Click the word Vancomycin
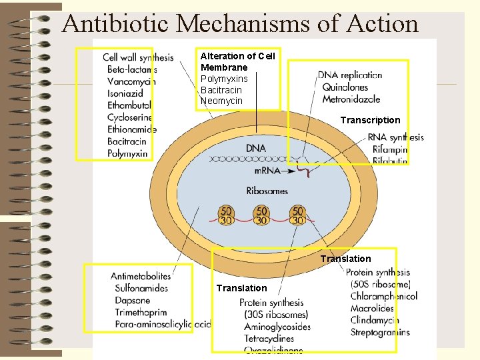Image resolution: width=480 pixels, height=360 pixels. point(131,81)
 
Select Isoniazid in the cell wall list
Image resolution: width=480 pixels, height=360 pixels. point(125,93)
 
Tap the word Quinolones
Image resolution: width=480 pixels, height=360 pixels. point(345,87)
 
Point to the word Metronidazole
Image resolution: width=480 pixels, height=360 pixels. point(351,99)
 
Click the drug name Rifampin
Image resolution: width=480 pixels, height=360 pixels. point(390,149)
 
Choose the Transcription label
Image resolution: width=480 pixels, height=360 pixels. point(370,120)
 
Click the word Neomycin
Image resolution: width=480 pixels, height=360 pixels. point(221,101)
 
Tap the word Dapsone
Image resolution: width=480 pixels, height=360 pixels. point(133,301)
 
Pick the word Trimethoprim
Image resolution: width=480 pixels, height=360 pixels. point(141,313)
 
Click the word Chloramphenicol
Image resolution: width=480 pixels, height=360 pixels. point(384,296)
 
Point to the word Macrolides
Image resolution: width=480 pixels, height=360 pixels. point(372,308)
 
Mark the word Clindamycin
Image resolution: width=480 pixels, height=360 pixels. point(375,320)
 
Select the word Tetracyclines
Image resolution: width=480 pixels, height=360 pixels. point(269,339)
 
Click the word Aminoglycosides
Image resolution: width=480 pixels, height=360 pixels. point(277,327)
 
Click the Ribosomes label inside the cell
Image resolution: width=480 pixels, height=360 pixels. point(267,191)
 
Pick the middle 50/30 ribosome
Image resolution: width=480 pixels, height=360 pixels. point(261,215)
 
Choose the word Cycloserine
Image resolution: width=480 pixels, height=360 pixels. point(131,117)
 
